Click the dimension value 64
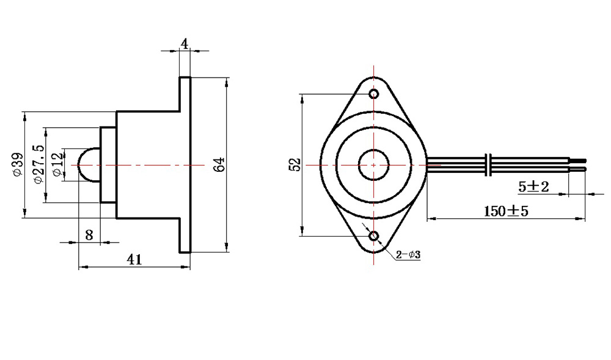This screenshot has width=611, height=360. pyautogui.click(x=219, y=165)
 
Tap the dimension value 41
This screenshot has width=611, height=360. pyautogui.click(x=134, y=259)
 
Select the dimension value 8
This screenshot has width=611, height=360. pyautogui.click(x=89, y=235)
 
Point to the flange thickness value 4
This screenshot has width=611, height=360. pyautogui.click(x=185, y=43)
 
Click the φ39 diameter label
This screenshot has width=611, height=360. pyautogui.click(x=18, y=164)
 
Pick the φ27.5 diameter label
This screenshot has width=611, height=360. pyautogui.click(x=39, y=164)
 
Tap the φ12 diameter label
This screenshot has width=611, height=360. pyautogui.click(x=57, y=165)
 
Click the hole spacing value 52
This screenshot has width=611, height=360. pyautogui.click(x=296, y=164)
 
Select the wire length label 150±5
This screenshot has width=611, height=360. pyautogui.click(x=506, y=211)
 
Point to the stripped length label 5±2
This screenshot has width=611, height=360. pyautogui.click(x=533, y=186)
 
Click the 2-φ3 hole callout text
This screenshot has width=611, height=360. pyautogui.click(x=408, y=255)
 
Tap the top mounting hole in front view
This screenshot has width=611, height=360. pyautogui.click(x=374, y=94)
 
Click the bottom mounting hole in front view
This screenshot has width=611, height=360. pyautogui.click(x=374, y=236)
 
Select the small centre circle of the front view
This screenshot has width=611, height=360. pyautogui.click(x=374, y=165)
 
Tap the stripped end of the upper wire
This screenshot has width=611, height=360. pyautogui.click(x=578, y=160)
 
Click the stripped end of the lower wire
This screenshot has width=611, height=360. pyautogui.click(x=578, y=169)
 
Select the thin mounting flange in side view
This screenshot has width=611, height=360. pyautogui.click(x=185, y=165)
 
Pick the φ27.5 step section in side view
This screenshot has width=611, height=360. pyautogui.click(x=109, y=165)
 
